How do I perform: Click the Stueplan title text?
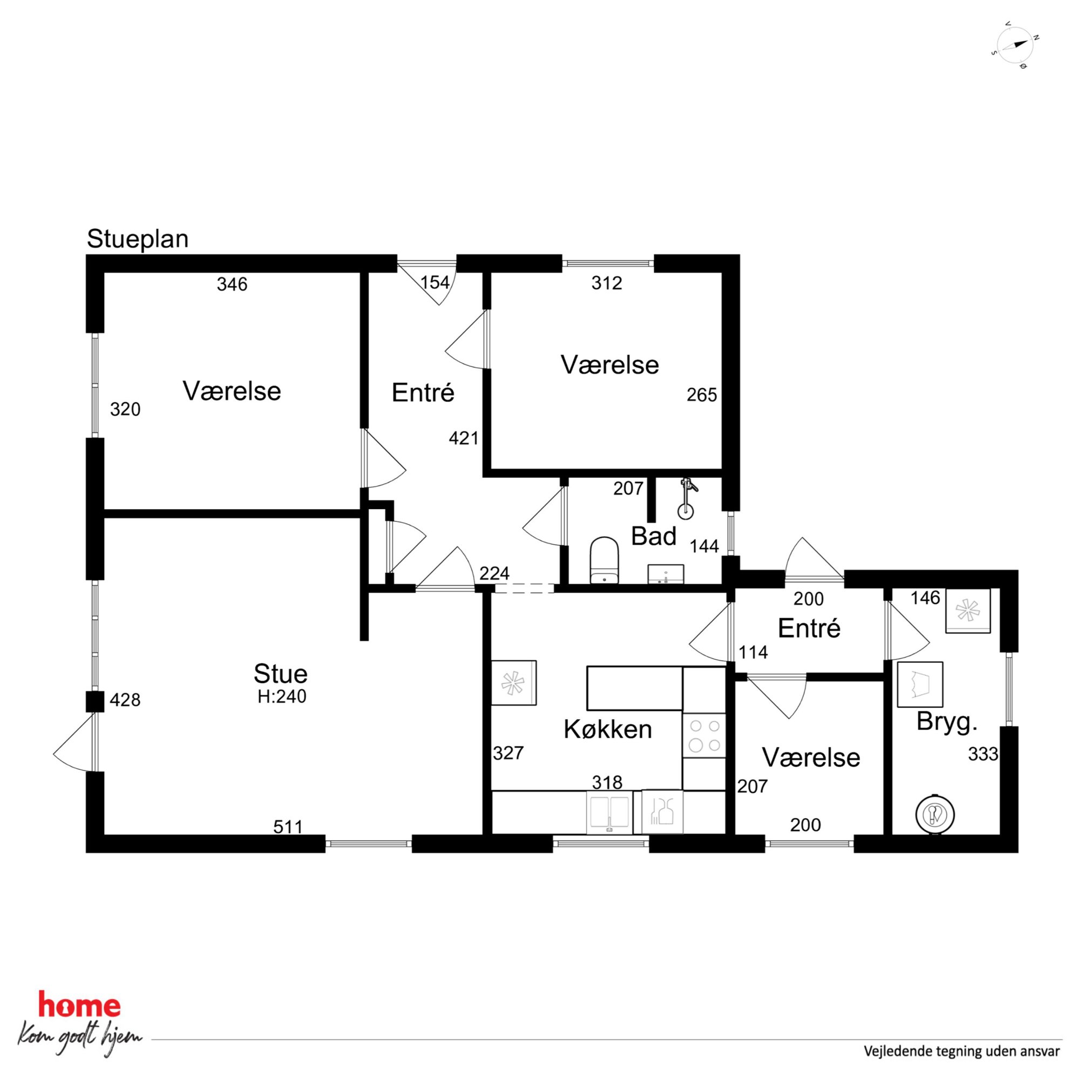click(138, 240)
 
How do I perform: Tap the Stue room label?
click(281, 674)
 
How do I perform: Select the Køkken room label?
click(607, 729)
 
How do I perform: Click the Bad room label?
click(654, 537)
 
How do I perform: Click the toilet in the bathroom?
click(604, 560)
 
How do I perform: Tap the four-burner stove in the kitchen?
click(704, 735)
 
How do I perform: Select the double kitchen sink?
click(609, 811)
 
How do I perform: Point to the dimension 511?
click(288, 827)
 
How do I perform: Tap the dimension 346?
click(232, 284)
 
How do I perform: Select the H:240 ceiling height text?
click(282, 696)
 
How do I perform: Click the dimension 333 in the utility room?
click(984, 754)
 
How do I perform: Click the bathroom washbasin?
click(665, 574)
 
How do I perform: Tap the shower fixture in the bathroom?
click(687, 497)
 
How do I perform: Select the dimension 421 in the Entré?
click(464, 438)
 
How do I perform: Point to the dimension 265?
click(702, 395)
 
